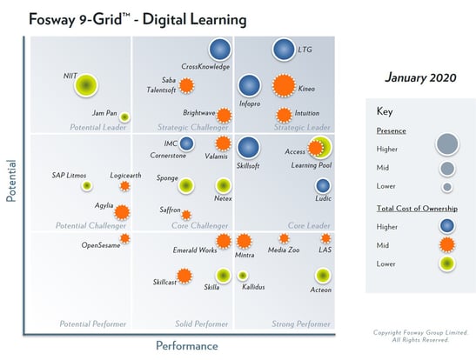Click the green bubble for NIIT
(x=85, y=84)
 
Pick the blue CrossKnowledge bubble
(x=220, y=50)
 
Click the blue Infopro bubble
(x=250, y=85)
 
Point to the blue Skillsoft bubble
(x=249, y=148)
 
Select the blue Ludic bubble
(x=323, y=185)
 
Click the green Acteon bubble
(x=322, y=275)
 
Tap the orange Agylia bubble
(x=122, y=211)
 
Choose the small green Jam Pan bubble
(x=124, y=117)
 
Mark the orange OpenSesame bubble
(x=124, y=238)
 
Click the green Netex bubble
(x=223, y=184)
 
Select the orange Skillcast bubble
(x=184, y=276)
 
